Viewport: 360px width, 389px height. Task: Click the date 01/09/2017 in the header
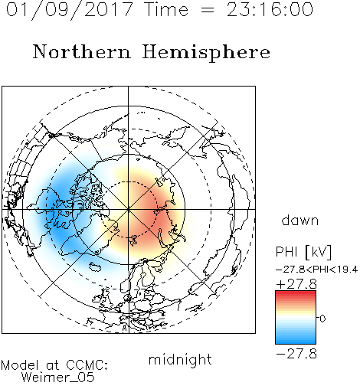[70, 10]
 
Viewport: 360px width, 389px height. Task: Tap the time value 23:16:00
[270, 9]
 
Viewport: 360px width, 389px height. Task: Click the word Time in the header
[166, 9]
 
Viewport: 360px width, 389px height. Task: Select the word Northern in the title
[82, 51]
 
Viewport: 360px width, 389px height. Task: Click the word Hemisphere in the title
[206, 53]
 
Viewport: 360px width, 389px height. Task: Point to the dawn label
[300, 220]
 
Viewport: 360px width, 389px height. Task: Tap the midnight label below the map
[180, 359]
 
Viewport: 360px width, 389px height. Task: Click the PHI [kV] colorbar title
[303, 252]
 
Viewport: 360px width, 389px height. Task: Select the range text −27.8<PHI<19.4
[317, 270]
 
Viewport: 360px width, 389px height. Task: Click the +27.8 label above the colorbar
[296, 284]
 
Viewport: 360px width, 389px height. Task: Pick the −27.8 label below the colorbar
[296, 354]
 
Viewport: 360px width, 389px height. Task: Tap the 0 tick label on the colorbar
[322, 319]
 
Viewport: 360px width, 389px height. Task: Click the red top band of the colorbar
[296, 294]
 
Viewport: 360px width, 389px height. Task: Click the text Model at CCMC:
[54, 365]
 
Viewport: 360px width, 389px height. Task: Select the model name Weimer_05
[58, 378]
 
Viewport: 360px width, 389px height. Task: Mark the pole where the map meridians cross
[129, 209]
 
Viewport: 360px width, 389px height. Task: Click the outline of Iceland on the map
[95, 266]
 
